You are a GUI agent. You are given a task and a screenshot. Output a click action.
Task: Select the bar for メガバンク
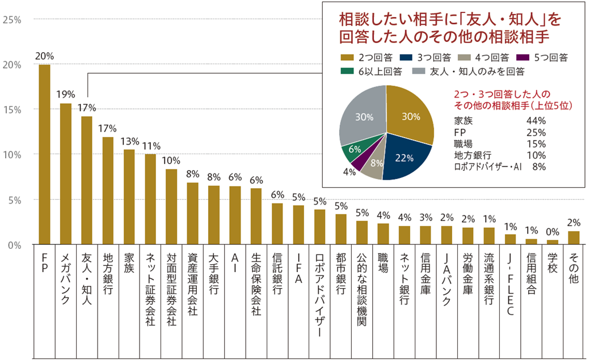tap(66, 174)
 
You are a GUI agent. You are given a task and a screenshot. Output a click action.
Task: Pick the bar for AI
tap(235, 215)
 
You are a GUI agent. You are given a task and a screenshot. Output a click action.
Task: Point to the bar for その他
tap(574, 238)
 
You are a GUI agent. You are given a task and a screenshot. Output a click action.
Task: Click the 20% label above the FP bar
tap(44, 56)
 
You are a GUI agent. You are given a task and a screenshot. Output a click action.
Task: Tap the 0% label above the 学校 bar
tap(552, 232)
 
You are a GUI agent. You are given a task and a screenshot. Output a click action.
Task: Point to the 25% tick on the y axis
tap(12, 19)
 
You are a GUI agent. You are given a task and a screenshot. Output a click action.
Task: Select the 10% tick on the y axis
tap(12, 155)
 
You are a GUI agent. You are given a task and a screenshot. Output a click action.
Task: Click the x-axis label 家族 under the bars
tap(129, 266)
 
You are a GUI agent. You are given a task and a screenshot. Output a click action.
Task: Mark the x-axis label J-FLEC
tap(510, 283)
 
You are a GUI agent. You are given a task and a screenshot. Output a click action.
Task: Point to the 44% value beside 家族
tap(536, 121)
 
